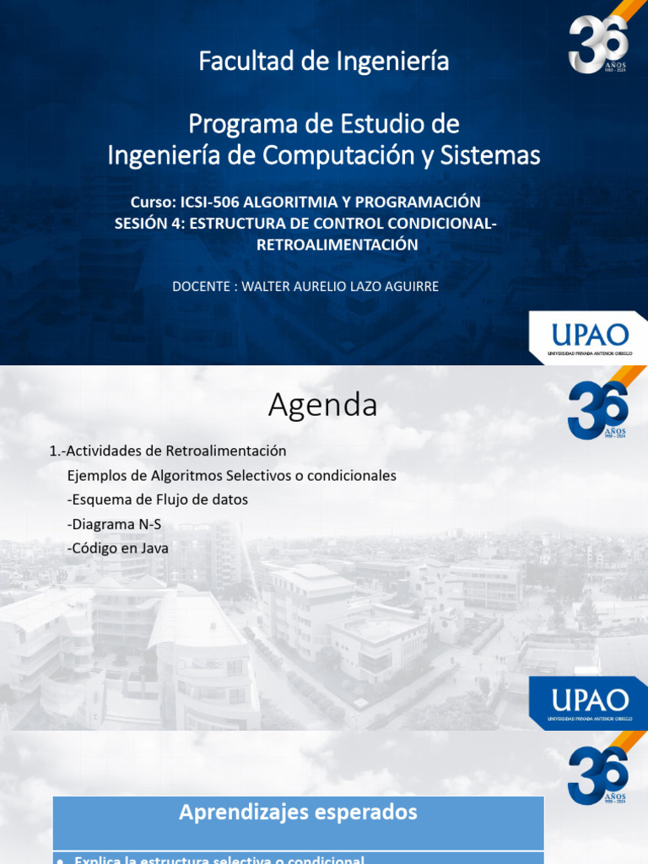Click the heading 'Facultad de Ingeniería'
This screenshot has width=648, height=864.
324,62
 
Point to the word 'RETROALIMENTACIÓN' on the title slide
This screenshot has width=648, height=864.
337,245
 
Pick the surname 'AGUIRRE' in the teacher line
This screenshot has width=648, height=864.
410,287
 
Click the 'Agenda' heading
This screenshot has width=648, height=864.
323,406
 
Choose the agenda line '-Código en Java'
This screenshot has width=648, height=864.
118,548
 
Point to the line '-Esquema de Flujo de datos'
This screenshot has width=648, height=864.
158,499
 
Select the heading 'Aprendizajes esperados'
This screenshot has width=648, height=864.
298,813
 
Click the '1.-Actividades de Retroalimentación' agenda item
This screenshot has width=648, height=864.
168,451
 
